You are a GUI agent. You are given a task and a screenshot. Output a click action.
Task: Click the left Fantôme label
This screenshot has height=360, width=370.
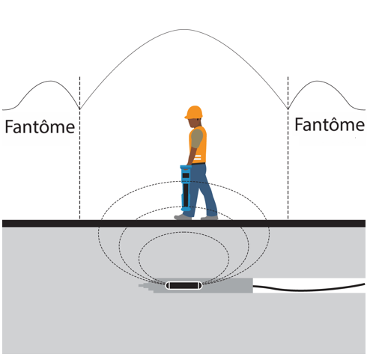coord(40,126)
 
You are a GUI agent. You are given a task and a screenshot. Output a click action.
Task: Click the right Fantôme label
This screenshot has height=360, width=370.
coord(330,124)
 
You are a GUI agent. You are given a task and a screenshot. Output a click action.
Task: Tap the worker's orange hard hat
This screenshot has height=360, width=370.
coord(194,112)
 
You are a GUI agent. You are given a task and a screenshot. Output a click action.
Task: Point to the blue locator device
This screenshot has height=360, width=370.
coord(186,189)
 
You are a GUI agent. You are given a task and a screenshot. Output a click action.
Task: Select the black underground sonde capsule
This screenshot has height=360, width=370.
coord(184,285)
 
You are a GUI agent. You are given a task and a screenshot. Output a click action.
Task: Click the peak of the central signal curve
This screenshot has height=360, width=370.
coord(184,30)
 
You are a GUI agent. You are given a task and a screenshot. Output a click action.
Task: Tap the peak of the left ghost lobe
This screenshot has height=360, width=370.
coord(51,81)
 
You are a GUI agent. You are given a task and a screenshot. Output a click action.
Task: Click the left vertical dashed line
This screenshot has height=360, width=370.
coord(79,147)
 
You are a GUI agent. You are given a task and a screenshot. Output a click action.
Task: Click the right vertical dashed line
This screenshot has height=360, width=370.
coord(288,147)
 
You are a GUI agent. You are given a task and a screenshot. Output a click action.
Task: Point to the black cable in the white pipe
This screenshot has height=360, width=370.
coord(309,287)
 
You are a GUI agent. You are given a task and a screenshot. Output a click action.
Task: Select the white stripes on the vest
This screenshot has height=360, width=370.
coord(197,158)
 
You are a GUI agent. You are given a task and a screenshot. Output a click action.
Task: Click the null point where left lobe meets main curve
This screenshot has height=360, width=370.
coord(79,109)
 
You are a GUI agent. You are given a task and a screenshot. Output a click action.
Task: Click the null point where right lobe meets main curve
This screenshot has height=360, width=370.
coord(288,109)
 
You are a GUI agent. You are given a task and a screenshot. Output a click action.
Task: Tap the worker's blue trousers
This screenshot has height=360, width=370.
coord(204,189)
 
